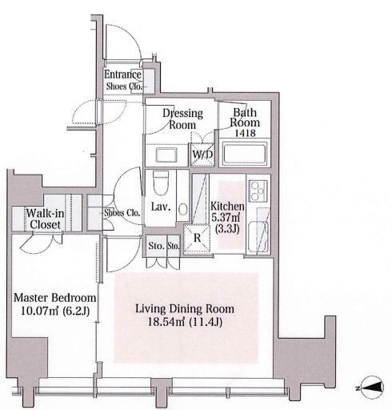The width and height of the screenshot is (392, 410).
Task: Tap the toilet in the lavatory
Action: pos(161,183)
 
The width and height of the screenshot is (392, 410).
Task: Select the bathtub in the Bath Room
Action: pos(245,152)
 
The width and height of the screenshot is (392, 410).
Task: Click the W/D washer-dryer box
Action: pos(202,155)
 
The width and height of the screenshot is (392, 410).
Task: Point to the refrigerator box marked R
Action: pos(197,238)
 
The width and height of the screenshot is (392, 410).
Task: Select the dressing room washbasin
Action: pos(166,155)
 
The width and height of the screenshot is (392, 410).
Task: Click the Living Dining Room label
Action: pos(185,309)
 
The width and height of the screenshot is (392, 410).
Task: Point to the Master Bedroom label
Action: pos(55,298)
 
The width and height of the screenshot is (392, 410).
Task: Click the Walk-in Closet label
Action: pos(45,219)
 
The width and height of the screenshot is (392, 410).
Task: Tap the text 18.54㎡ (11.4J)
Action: pos(185,322)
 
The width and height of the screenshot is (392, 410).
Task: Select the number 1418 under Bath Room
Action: pos(245,133)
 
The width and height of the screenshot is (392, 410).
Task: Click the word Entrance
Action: pos(122,74)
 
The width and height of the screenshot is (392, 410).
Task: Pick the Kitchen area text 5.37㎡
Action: pos(226,218)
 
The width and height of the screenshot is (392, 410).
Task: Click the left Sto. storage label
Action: pos(156,246)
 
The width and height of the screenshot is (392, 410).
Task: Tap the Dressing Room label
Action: pos(182,119)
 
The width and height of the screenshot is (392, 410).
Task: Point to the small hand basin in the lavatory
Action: pos(183,210)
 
